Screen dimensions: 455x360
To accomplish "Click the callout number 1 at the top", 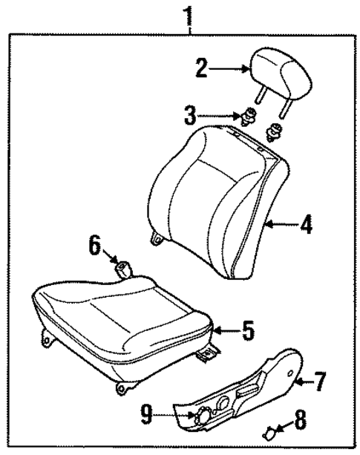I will [191, 14].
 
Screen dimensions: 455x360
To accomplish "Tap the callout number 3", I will [191, 115].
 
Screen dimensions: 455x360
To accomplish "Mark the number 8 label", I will [300, 420].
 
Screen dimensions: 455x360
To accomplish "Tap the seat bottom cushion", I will [119, 312].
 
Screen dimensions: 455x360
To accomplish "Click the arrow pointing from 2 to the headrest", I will [230, 69].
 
